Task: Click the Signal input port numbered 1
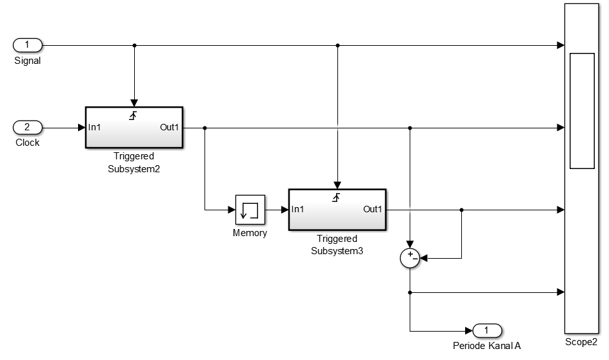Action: (x=28, y=45)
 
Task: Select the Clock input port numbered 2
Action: (x=28, y=127)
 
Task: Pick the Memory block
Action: (x=250, y=209)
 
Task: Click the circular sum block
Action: (x=410, y=258)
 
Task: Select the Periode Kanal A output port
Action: (x=487, y=331)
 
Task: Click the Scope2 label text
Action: (x=582, y=342)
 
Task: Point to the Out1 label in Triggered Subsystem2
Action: (x=170, y=127)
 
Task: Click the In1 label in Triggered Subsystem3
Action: (x=299, y=209)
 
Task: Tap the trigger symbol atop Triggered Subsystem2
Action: (x=134, y=115)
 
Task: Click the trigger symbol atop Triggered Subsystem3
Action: (x=336, y=197)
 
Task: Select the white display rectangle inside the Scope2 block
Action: (x=582, y=111)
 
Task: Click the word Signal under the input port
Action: (x=28, y=61)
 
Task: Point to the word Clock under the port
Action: (x=28, y=143)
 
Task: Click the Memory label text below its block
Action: (x=250, y=233)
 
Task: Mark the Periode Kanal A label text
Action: (x=487, y=346)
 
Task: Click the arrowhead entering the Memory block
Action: (x=232, y=210)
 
